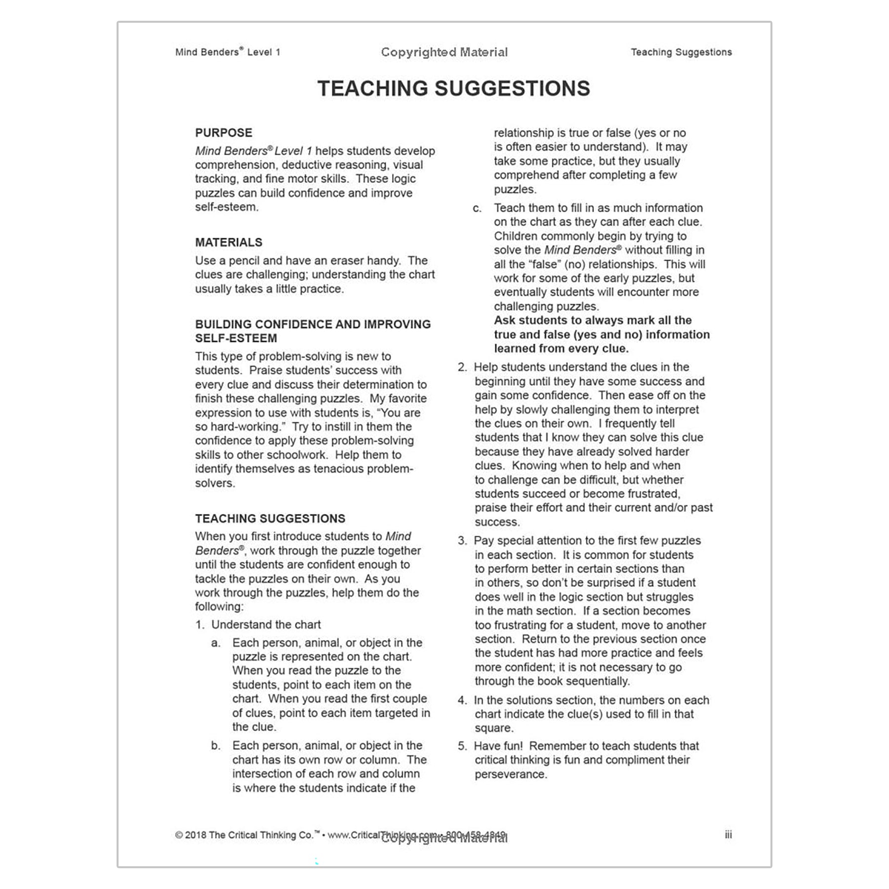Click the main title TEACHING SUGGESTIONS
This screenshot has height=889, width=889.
453,89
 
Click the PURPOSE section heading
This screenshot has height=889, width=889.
223,133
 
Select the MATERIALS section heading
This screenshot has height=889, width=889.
228,242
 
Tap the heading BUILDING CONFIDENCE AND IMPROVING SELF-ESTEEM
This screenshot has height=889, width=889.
313,331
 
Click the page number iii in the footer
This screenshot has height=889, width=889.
728,835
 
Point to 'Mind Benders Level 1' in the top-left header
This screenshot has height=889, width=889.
228,52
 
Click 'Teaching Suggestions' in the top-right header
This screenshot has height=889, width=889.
681,52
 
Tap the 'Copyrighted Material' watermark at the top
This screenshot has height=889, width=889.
444,52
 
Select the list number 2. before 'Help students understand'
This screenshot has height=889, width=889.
462,367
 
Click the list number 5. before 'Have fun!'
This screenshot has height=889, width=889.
462,746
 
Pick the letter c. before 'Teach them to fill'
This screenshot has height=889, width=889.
477,208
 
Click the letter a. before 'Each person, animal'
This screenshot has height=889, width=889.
216,643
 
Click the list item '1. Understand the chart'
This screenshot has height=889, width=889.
258,625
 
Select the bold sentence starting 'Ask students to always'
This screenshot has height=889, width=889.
601,334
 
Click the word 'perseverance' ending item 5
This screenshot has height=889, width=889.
510,774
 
